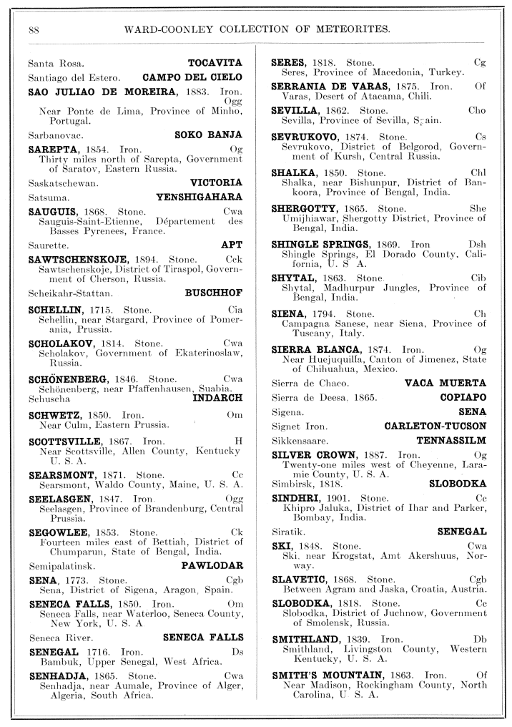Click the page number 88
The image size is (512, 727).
33,29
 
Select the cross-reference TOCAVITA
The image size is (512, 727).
215,63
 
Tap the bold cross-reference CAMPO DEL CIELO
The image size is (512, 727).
192,77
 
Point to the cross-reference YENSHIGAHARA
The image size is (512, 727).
199,197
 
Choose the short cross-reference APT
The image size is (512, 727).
232,245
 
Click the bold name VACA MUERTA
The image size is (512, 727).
445,383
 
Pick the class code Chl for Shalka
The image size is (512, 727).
478,172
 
